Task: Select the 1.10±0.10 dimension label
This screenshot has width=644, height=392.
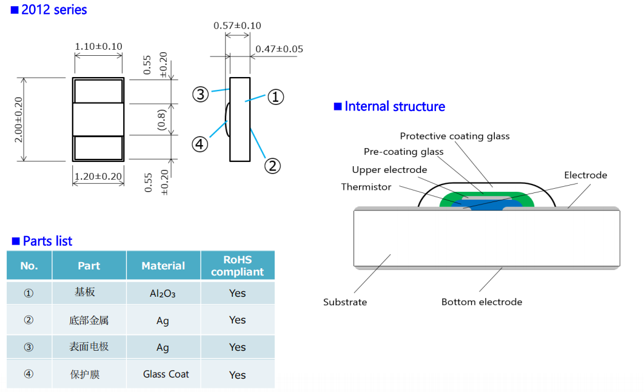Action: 99,47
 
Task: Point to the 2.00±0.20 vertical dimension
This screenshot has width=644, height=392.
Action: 19,120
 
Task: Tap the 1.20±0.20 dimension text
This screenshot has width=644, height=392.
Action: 98,176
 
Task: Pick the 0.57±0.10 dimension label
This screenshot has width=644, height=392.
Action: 237,25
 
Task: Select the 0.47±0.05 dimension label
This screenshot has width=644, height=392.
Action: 280,49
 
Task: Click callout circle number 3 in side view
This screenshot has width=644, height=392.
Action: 201,95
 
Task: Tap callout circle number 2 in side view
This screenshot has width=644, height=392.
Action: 272,166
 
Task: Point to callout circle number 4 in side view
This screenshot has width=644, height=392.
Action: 200,144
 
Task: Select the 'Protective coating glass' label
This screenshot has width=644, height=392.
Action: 455,136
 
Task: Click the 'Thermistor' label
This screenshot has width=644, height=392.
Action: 366,187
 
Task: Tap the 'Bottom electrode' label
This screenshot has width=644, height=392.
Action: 481,302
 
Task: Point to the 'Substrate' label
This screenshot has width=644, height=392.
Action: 345,302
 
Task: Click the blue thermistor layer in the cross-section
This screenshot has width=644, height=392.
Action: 489,204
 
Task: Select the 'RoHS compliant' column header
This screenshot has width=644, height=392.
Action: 237,265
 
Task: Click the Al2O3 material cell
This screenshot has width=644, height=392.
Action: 163,293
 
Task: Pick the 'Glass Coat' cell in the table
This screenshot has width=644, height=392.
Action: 166,374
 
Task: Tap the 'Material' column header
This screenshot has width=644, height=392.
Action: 163,266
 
